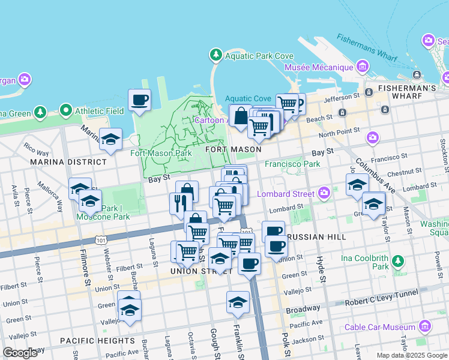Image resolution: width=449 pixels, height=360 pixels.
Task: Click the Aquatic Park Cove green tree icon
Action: (215, 56)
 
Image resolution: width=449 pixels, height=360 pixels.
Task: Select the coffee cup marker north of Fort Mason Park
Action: (139, 100)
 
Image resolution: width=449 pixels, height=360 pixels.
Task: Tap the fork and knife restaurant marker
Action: (179, 203)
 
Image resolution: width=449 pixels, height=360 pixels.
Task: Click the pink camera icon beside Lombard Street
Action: (324, 193)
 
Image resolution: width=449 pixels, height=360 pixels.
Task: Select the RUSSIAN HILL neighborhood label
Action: (316, 237)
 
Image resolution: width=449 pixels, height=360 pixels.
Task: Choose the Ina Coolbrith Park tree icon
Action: (397, 261)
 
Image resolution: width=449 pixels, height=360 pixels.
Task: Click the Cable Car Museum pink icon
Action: (425, 326)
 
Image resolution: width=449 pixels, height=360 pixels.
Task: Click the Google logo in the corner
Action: (20, 353)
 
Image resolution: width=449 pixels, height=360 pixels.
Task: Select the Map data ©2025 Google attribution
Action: (412, 355)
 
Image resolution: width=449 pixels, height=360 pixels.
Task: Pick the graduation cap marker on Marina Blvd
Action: (110, 139)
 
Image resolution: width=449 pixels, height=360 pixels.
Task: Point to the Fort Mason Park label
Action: (161, 153)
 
